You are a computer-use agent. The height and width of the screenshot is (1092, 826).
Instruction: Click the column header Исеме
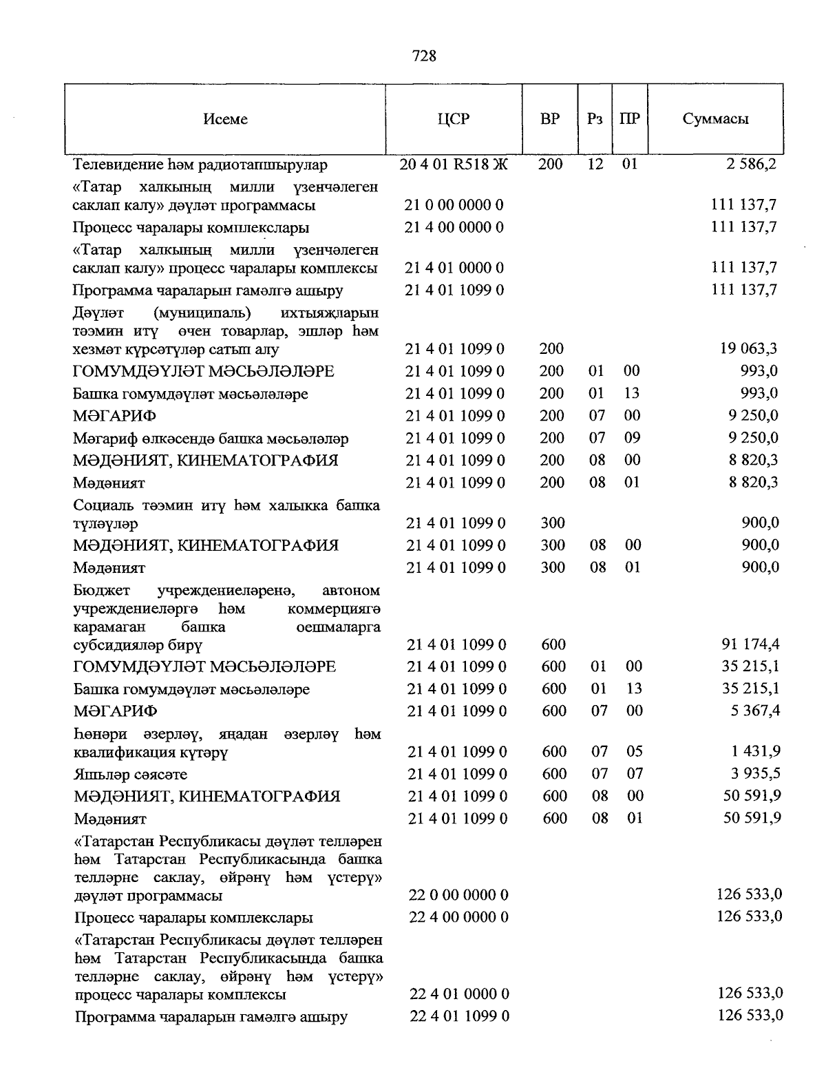225,119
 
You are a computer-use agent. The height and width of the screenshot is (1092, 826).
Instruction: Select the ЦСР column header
453,119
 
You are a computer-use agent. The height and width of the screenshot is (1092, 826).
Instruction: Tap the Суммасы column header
715,119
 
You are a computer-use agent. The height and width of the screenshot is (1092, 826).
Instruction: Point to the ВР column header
549,119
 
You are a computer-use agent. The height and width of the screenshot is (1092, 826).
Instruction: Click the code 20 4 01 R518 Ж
453,165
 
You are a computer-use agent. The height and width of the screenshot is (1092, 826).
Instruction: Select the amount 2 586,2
752,165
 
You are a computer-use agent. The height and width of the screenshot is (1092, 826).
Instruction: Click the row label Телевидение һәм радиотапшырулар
200,165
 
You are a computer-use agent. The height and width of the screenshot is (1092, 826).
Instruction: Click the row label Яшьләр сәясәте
131,775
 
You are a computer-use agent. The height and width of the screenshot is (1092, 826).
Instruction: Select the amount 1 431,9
754,751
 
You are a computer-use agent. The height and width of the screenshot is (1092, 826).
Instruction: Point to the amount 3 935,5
754,773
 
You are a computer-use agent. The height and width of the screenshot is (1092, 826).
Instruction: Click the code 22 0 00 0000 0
458,895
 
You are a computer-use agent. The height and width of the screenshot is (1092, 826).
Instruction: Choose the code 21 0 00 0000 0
454,205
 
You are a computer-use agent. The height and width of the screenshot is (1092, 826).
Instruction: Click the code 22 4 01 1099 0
458,1016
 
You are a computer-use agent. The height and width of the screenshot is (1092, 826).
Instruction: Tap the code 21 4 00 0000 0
454,227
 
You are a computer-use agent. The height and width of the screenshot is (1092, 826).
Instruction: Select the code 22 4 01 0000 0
458,994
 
